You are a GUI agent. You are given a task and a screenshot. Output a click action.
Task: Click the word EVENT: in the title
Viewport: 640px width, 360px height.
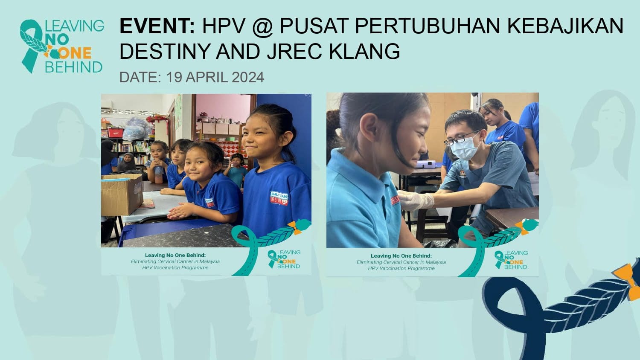click(157, 26)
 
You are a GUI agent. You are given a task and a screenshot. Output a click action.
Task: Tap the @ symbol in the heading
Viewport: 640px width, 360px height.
click(262, 26)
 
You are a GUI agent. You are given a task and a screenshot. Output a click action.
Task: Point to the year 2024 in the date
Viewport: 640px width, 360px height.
click(248, 77)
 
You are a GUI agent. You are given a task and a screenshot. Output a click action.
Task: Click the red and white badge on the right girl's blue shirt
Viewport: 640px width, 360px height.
click(279, 198)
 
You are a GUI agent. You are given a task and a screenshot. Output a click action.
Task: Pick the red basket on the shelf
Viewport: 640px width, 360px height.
click(116, 132)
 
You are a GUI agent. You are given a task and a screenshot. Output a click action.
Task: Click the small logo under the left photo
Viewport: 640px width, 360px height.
click(284, 259)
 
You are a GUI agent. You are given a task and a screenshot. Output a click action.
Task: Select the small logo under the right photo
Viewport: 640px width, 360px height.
click(511, 260)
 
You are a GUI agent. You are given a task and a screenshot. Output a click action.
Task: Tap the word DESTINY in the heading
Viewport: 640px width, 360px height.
click(165, 52)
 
